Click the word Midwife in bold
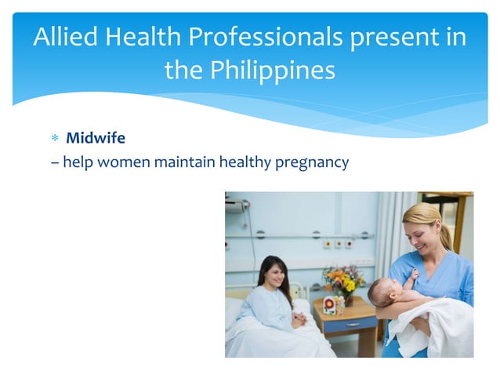pyautogui.click(x=95, y=138)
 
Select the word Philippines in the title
pyautogui.click(x=272, y=71)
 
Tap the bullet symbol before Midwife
pyautogui.click(x=55, y=139)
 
